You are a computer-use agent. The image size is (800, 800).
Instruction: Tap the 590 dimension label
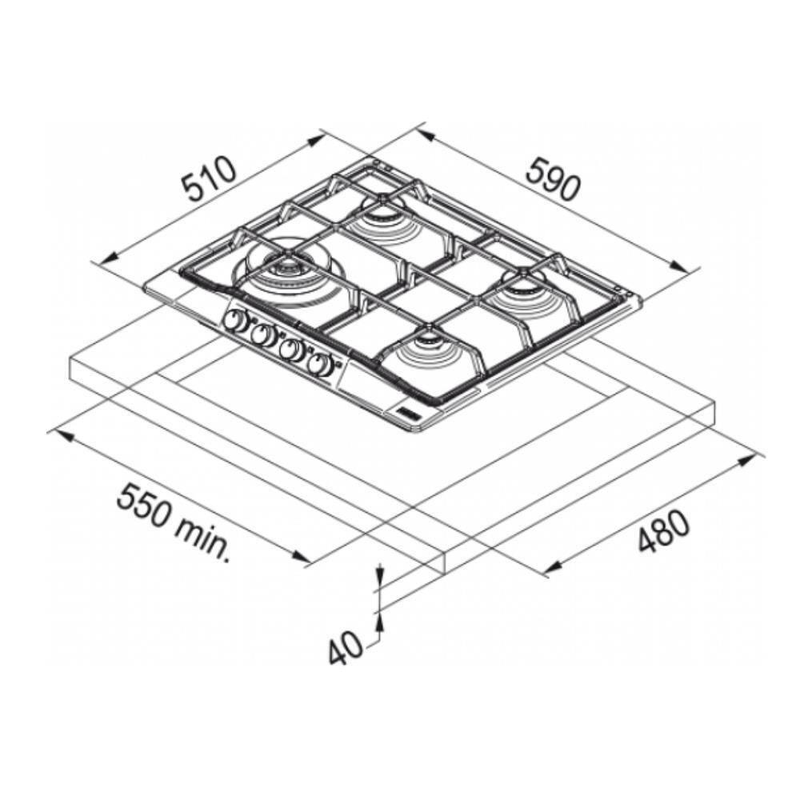(x=553, y=178)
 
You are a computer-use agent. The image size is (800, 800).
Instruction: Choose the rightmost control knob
(x=320, y=362)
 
